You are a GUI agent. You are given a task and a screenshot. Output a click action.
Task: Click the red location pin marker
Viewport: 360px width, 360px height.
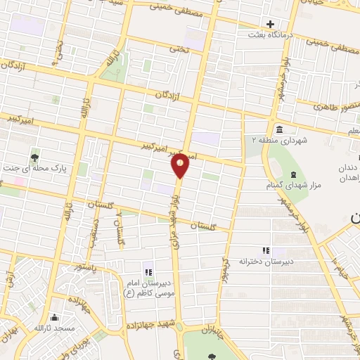180,165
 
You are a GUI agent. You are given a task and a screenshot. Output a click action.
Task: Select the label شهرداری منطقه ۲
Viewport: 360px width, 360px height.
281,140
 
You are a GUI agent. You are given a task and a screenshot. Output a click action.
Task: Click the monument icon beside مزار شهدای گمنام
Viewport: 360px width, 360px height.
293,174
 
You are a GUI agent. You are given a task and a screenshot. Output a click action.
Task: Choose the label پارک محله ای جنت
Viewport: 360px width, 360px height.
33,168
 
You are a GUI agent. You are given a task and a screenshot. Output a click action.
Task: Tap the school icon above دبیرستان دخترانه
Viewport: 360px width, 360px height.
266,250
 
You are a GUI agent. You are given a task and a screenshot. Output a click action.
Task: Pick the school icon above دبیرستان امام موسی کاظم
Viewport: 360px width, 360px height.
148,271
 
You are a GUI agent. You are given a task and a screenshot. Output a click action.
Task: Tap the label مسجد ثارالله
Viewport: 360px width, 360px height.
56,328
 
